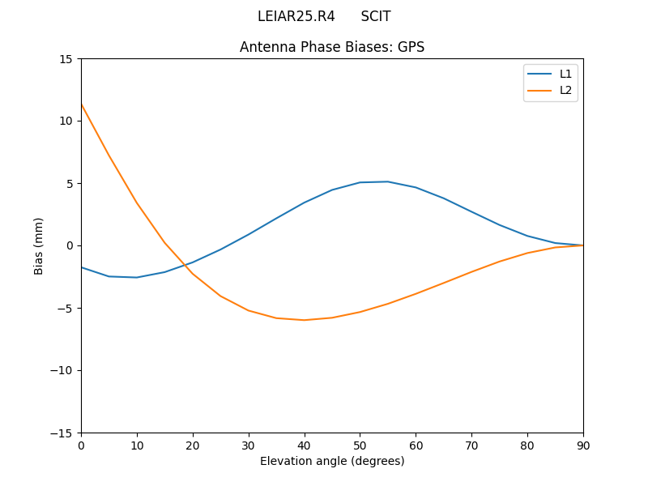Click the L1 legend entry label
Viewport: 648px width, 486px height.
pos(565,74)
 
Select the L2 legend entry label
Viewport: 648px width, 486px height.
pos(565,90)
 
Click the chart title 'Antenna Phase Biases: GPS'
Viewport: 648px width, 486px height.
pos(332,47)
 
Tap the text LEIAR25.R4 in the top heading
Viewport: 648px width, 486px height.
pos(296,16)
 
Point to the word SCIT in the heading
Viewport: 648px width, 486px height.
pos(376,16)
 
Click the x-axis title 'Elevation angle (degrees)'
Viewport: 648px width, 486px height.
pos(332,461)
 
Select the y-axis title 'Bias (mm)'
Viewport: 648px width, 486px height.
pos(39,245)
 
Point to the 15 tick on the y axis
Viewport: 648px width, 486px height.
pos(65,58)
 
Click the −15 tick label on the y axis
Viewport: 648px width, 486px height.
pos(61,433)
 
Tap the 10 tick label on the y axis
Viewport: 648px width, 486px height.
pos(65,121)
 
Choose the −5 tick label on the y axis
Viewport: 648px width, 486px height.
pos(64,308)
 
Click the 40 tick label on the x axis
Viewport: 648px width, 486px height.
pos(305,445)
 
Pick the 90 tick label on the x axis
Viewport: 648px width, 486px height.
pos(583,445)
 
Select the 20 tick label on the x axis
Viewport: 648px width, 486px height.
pos(193,445)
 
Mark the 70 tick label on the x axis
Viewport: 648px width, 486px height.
pos(471,445)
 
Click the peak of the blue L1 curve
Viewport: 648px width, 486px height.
pos(388,181)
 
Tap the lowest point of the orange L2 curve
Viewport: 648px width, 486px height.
pos(305,320)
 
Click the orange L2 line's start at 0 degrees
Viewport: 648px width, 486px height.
pos(82,104)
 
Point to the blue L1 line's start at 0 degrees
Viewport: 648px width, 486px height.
pos(82,267)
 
